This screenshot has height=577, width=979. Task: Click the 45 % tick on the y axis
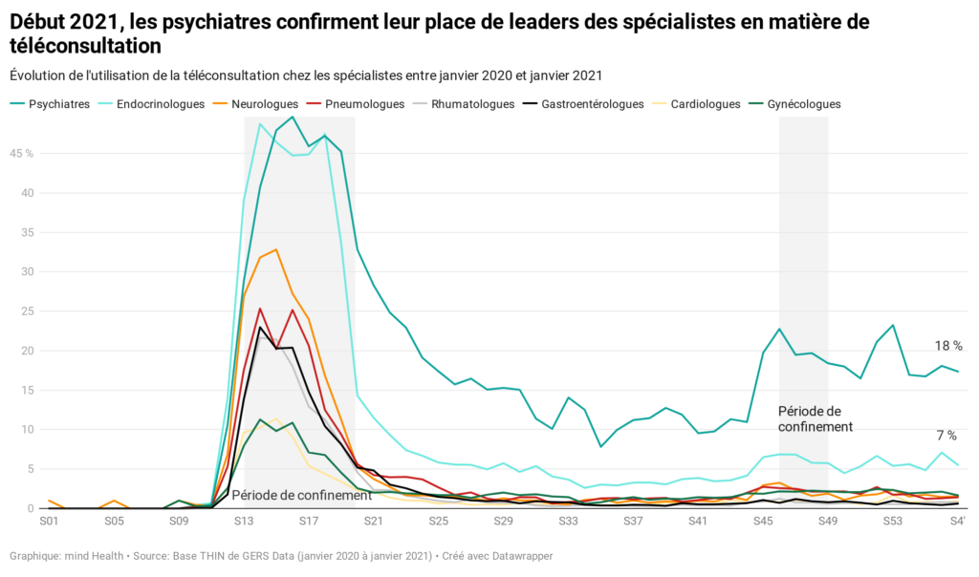click(x=22, y=153)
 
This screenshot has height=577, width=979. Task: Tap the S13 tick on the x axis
click(x=243, y=522)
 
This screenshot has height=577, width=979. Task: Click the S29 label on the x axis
click(x=503, y=522)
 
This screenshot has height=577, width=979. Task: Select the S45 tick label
click(x=763, y=522)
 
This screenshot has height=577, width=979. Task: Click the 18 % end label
click(x=948, y=346)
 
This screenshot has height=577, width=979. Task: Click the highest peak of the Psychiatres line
click(x=292, y=117)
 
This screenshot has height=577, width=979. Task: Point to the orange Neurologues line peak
click(x=275, y=249)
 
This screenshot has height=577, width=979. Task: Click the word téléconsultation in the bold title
click(x=85, y=45)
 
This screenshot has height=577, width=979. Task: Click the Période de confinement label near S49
click(x=815, y=418)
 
